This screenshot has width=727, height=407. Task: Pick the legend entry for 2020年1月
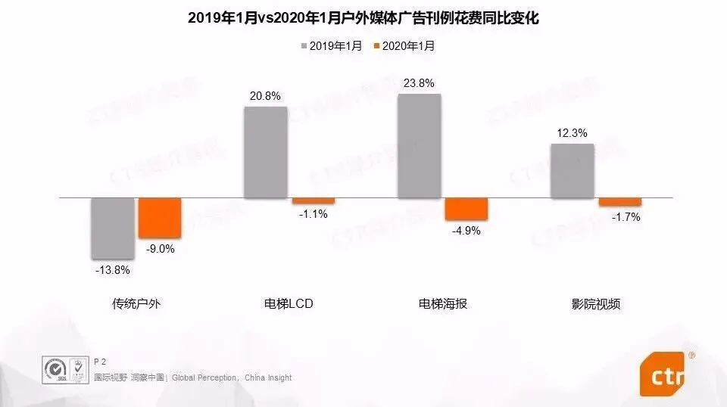(404, 46)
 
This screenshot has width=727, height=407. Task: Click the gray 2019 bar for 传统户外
(112, 228)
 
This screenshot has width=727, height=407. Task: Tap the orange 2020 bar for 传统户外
(159, 218)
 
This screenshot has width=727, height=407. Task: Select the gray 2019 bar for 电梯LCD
(265, 152)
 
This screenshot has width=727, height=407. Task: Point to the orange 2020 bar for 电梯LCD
(313, 200)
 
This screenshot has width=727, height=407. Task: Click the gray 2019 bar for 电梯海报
(419, 146)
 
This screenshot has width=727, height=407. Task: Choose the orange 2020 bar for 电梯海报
(466, 209)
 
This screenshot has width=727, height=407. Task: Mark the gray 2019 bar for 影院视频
(572, 171)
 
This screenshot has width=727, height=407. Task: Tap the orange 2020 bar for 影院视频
(619, 202)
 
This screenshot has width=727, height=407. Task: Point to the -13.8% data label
(112, 270)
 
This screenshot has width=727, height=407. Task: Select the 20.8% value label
(265, 96)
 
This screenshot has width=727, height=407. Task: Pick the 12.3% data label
(572, 133)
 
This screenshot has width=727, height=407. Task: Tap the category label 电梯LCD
(288, 304)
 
